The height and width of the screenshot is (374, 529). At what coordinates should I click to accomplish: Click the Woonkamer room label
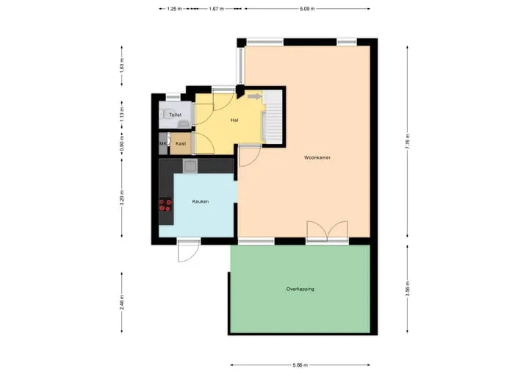coord(317,158)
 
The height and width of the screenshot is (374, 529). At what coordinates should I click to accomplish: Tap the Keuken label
coord(201,201)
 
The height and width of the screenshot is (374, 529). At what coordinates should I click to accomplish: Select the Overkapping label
coord(301,289)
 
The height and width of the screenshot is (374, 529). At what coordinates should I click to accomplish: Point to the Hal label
coord(234,120)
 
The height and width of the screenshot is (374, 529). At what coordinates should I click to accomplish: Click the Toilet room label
coord(175,115)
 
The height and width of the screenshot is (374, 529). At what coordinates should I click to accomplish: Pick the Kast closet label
coord(181,143)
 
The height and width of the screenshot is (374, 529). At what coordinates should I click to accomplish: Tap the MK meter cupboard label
coord(163,143)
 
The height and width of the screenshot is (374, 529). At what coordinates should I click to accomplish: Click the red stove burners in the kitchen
coord(165,205)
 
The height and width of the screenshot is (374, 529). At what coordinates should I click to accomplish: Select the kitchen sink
coord(190,166)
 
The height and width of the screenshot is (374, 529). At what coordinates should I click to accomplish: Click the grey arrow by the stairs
coord(255,97)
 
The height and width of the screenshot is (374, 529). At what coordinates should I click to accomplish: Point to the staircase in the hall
coord(273,116)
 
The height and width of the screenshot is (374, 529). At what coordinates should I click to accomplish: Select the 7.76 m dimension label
coord(408,142)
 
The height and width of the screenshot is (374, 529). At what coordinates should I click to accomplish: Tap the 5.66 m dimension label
coord(300,365)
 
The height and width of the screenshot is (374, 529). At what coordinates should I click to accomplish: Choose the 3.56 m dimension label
coord(408,289)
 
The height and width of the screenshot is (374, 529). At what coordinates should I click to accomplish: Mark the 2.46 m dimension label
coord(122,302)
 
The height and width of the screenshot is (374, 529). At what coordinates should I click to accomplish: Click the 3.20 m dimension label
coord(122,198)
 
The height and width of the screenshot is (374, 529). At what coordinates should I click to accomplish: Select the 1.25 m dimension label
coord(174,9)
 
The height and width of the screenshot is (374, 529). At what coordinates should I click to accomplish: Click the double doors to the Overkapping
coord(327,231)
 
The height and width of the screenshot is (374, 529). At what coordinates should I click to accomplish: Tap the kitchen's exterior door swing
coord(189,251)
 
